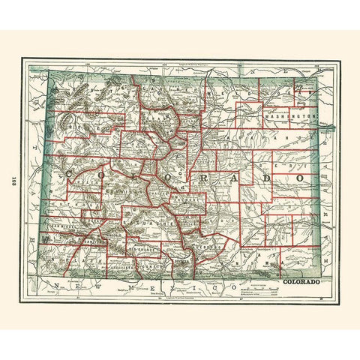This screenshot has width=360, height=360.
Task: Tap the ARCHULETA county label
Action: pos(119,265)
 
